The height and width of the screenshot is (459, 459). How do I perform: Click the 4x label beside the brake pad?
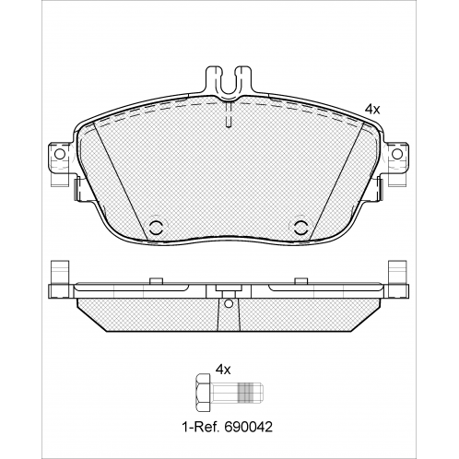[372, 110]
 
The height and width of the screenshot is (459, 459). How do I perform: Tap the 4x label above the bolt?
[223, 370]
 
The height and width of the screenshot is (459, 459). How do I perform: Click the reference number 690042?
[249, 427]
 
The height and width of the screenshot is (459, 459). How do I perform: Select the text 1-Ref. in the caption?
[201, 427]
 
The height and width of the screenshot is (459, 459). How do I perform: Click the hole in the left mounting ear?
[60, 154]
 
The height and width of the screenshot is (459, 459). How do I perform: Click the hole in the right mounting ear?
[397, 154]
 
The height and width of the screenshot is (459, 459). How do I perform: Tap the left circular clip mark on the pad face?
[157, 228]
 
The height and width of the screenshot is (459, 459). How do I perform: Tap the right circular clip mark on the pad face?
[301, 228]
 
